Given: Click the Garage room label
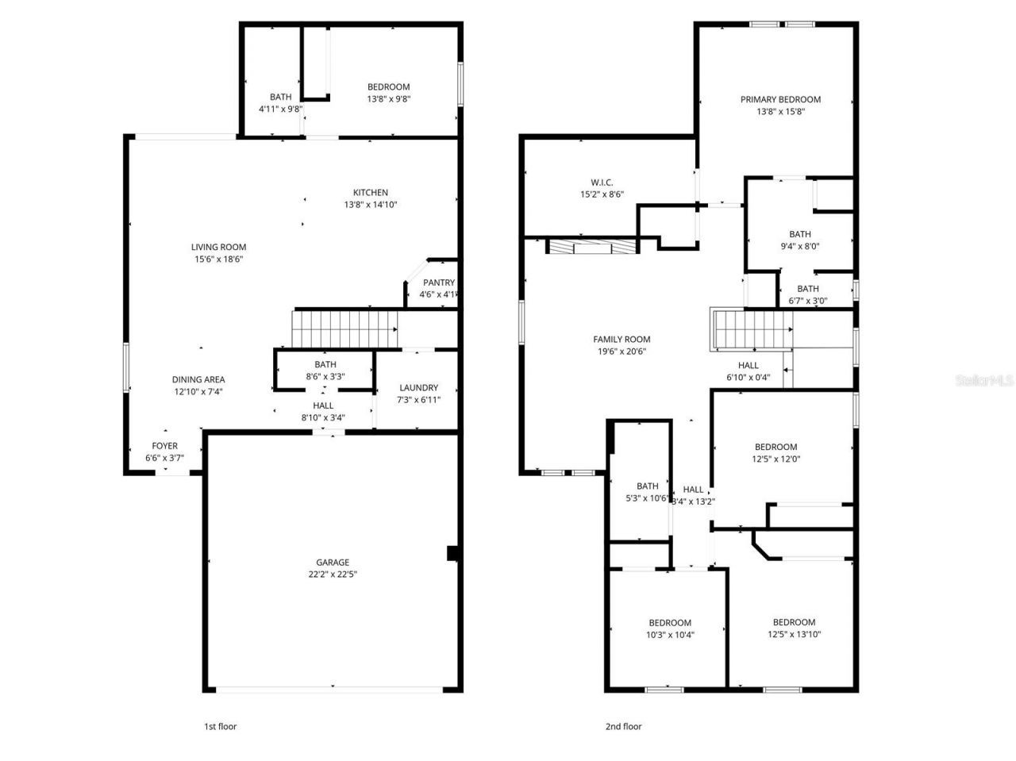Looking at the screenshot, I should click(333, 563).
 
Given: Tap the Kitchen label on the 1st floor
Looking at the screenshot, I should click(370, 193).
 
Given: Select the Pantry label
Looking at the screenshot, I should click(438, 282).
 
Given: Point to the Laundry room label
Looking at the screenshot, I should click(418, 388).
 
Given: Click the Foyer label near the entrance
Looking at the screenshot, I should click(165, 446).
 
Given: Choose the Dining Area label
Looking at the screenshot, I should click(198, 380).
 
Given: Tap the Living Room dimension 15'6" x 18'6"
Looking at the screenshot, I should click(218, 259).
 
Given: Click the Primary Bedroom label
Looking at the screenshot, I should click(780, 100).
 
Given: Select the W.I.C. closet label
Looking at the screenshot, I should click(602, 183).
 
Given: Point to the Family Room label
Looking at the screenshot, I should click(622, 340).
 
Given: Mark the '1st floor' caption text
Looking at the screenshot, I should click(221, 726).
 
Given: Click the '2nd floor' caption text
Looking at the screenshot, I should click(624, 726).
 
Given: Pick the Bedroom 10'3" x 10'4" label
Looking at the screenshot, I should click(670, 623).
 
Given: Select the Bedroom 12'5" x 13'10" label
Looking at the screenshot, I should click(794, 622).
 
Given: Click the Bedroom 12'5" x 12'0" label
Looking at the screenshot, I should click(775, 447).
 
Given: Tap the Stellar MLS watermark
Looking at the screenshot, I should click(984, 381).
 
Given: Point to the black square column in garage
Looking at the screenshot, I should click(452, 553).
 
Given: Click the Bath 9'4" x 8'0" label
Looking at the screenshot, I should click(800, 234).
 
